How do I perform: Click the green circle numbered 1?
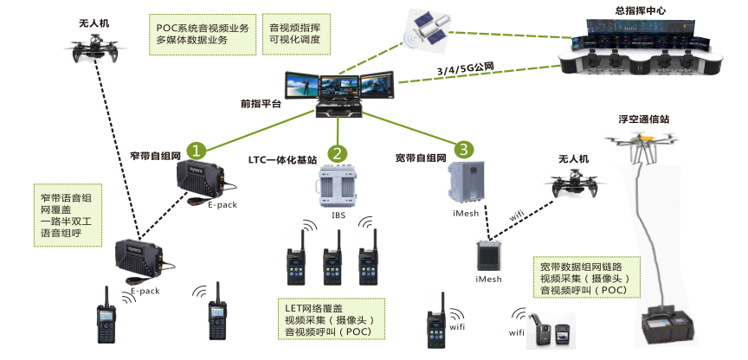197,150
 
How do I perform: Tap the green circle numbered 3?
466,150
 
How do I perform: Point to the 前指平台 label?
261,104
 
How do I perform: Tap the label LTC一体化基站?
282,160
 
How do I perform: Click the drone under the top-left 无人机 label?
90,54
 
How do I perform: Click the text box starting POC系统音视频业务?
203,35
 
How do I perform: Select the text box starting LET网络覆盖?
332,319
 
